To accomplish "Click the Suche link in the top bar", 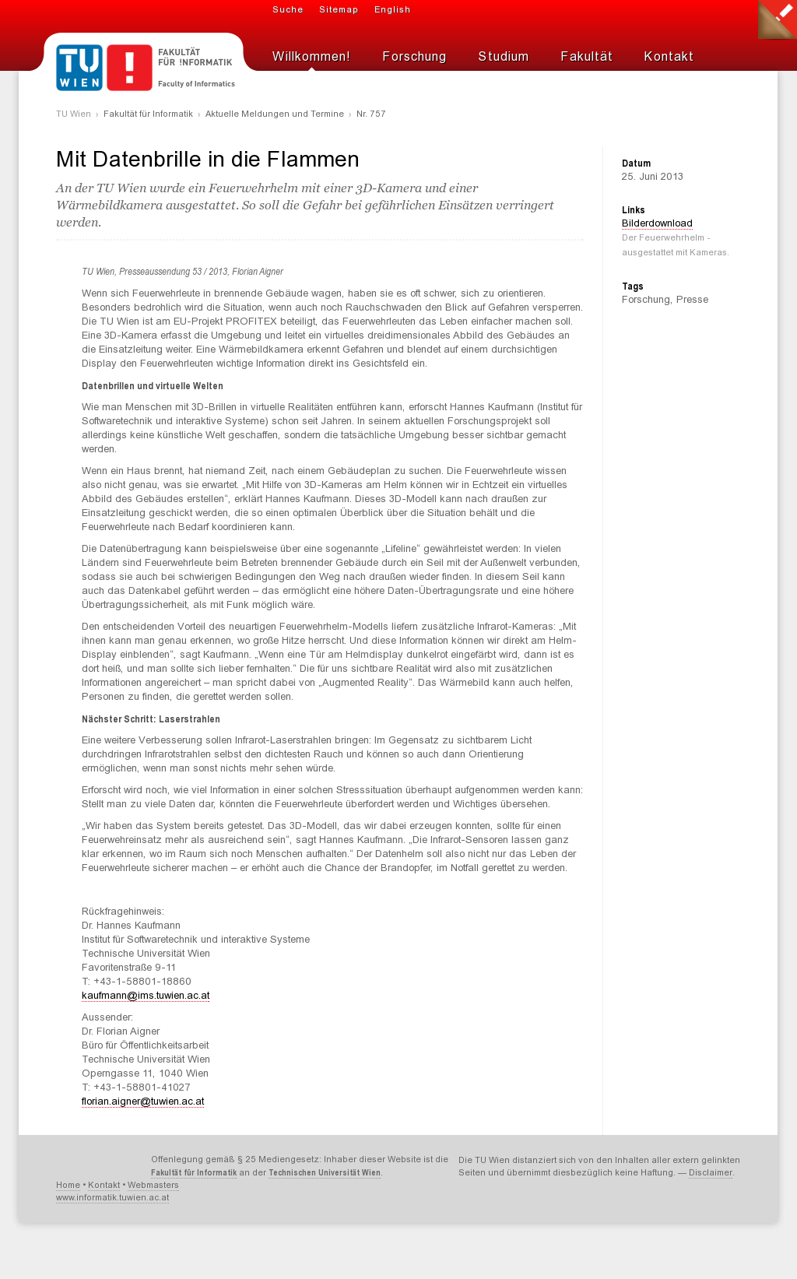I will pyautogui.click(x=287, y=10).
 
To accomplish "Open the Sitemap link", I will pyautogui.click(x=339, y=10).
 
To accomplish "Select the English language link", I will pyautogui.click(x=392, y=10).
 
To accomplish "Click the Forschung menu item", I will pyautogui.click(x=414, y=57).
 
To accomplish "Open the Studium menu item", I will pyautogui.click(x=504, y=57).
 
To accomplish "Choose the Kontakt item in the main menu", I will pyautogui.click(x=669, y=57).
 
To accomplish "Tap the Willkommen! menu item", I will pyautogui.click(x=311, y=57).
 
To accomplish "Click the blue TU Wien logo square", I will pyautogui.click(x=79, y=68).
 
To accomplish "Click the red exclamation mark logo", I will pyautogui.click(x=129, y=68).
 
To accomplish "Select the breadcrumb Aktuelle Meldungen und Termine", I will pyautogui.click(x=275, y=114).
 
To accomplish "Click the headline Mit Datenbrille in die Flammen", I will pyautogui.click(x=208, y=160).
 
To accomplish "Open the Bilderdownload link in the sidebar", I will pyautogui.click(x=657, y=223).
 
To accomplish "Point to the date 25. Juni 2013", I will pyautogui.click(x=652, y=177).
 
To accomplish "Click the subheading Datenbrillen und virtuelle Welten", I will pyautogui.click(x=153, y=386).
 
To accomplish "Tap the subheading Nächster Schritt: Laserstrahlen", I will pyautogui.click(x=151, y=719).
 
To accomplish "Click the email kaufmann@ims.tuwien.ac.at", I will pyautogui.click(x=146, y=996).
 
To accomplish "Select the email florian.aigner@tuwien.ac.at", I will pyautogui.click(x=143, y=1102).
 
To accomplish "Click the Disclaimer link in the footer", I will pyautogui.click(x=711, y=1173).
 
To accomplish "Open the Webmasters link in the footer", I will pyautogui.click(x=153, y=1186).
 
